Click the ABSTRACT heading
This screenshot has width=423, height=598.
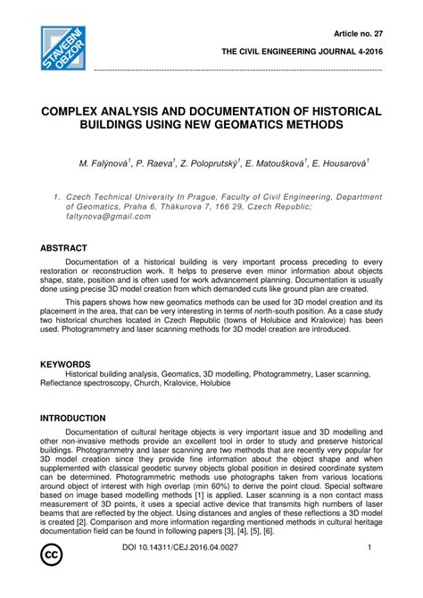click(x=63, y=247)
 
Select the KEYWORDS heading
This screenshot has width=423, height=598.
click(x=66, y=365)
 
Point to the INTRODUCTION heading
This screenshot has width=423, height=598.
click(x=73, y=418)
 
